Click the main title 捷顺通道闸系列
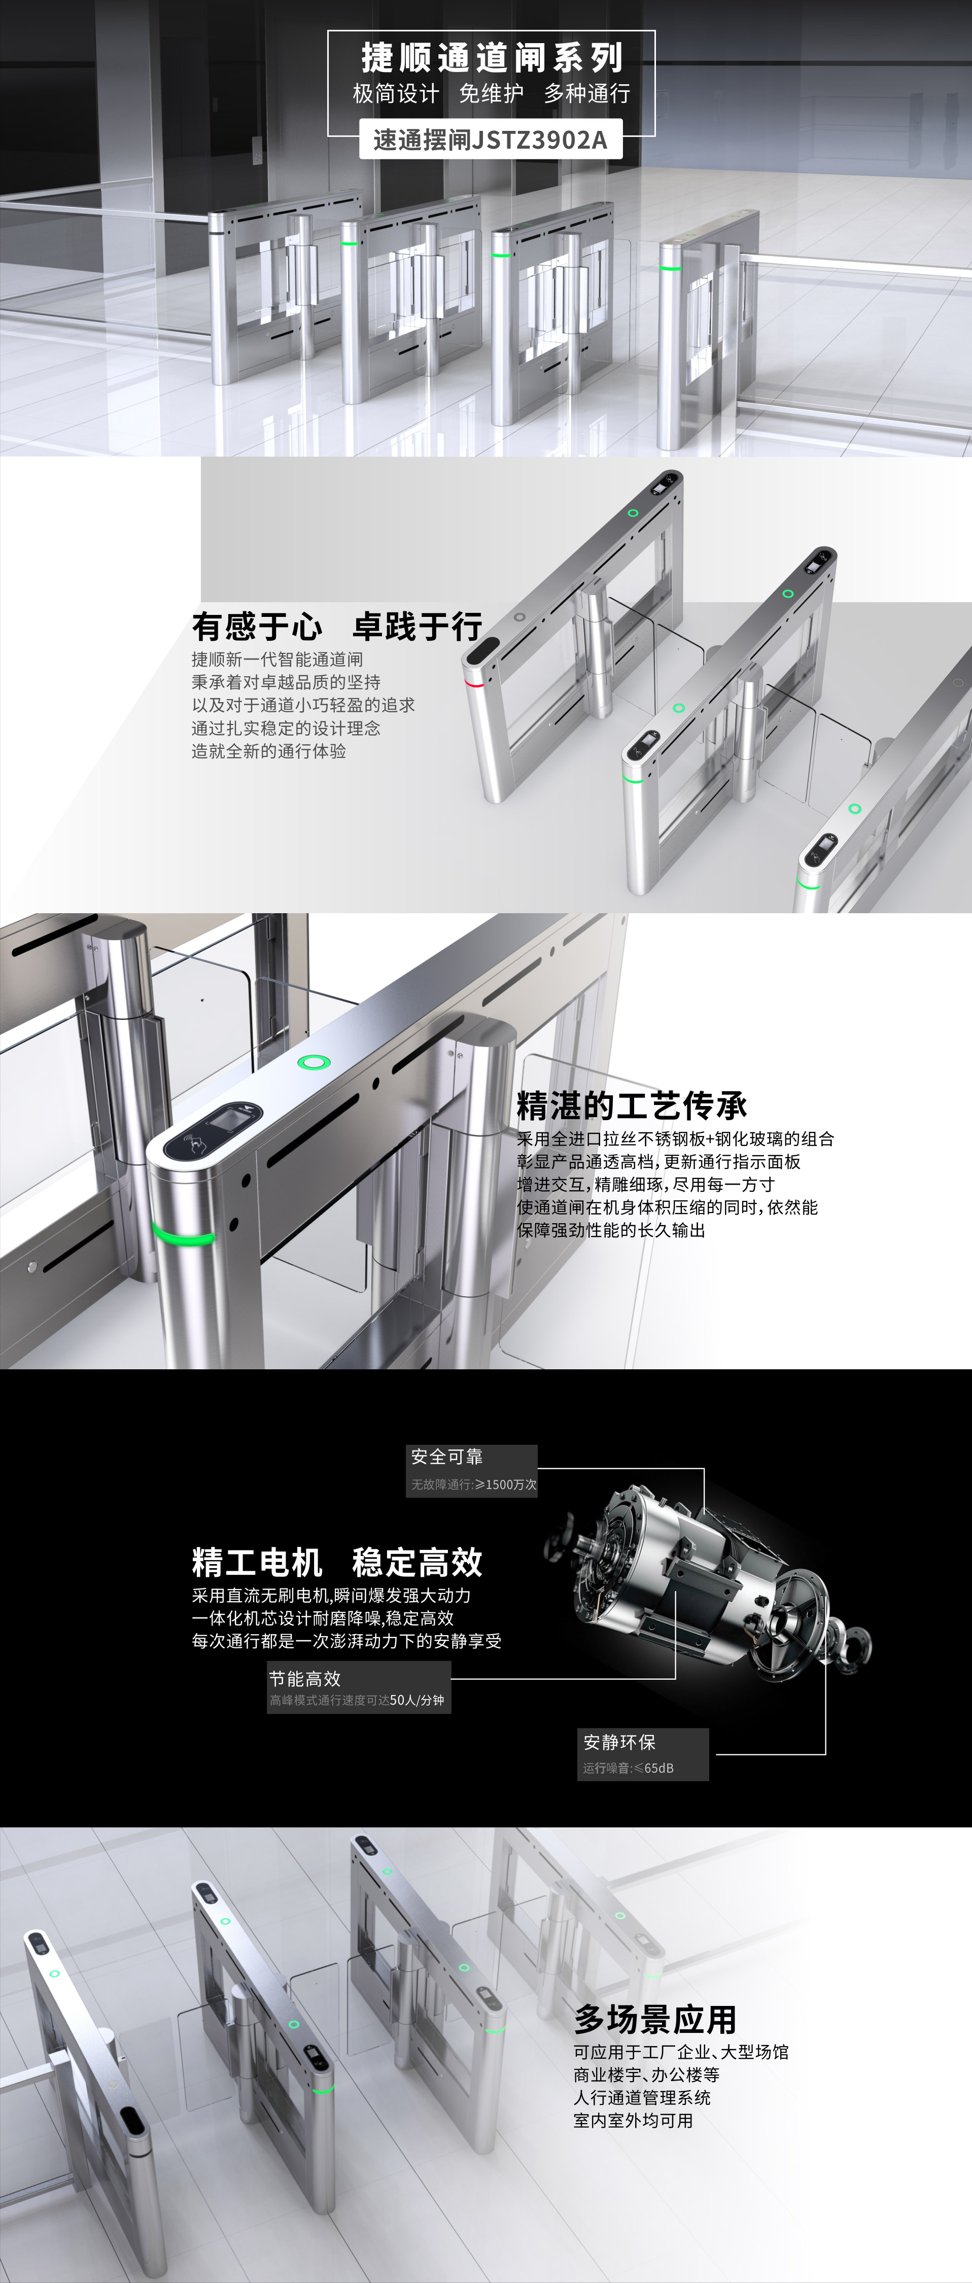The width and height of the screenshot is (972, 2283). click(492, 58)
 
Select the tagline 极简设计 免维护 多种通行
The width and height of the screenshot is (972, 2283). click(492, 93)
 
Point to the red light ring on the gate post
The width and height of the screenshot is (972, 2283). click(475, 683)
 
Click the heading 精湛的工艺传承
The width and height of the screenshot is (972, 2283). click(632, 1105)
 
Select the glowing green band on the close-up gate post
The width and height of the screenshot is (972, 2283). click(183, 1234)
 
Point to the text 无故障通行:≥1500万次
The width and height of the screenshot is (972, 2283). click(474, 1483)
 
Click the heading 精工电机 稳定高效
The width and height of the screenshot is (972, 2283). click(337, 1562)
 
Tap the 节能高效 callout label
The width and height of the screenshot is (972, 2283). click(305, 1678)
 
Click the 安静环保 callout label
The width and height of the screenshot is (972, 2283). click(619, 1742)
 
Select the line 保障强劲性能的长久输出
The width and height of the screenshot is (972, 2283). click(611, 1230)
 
